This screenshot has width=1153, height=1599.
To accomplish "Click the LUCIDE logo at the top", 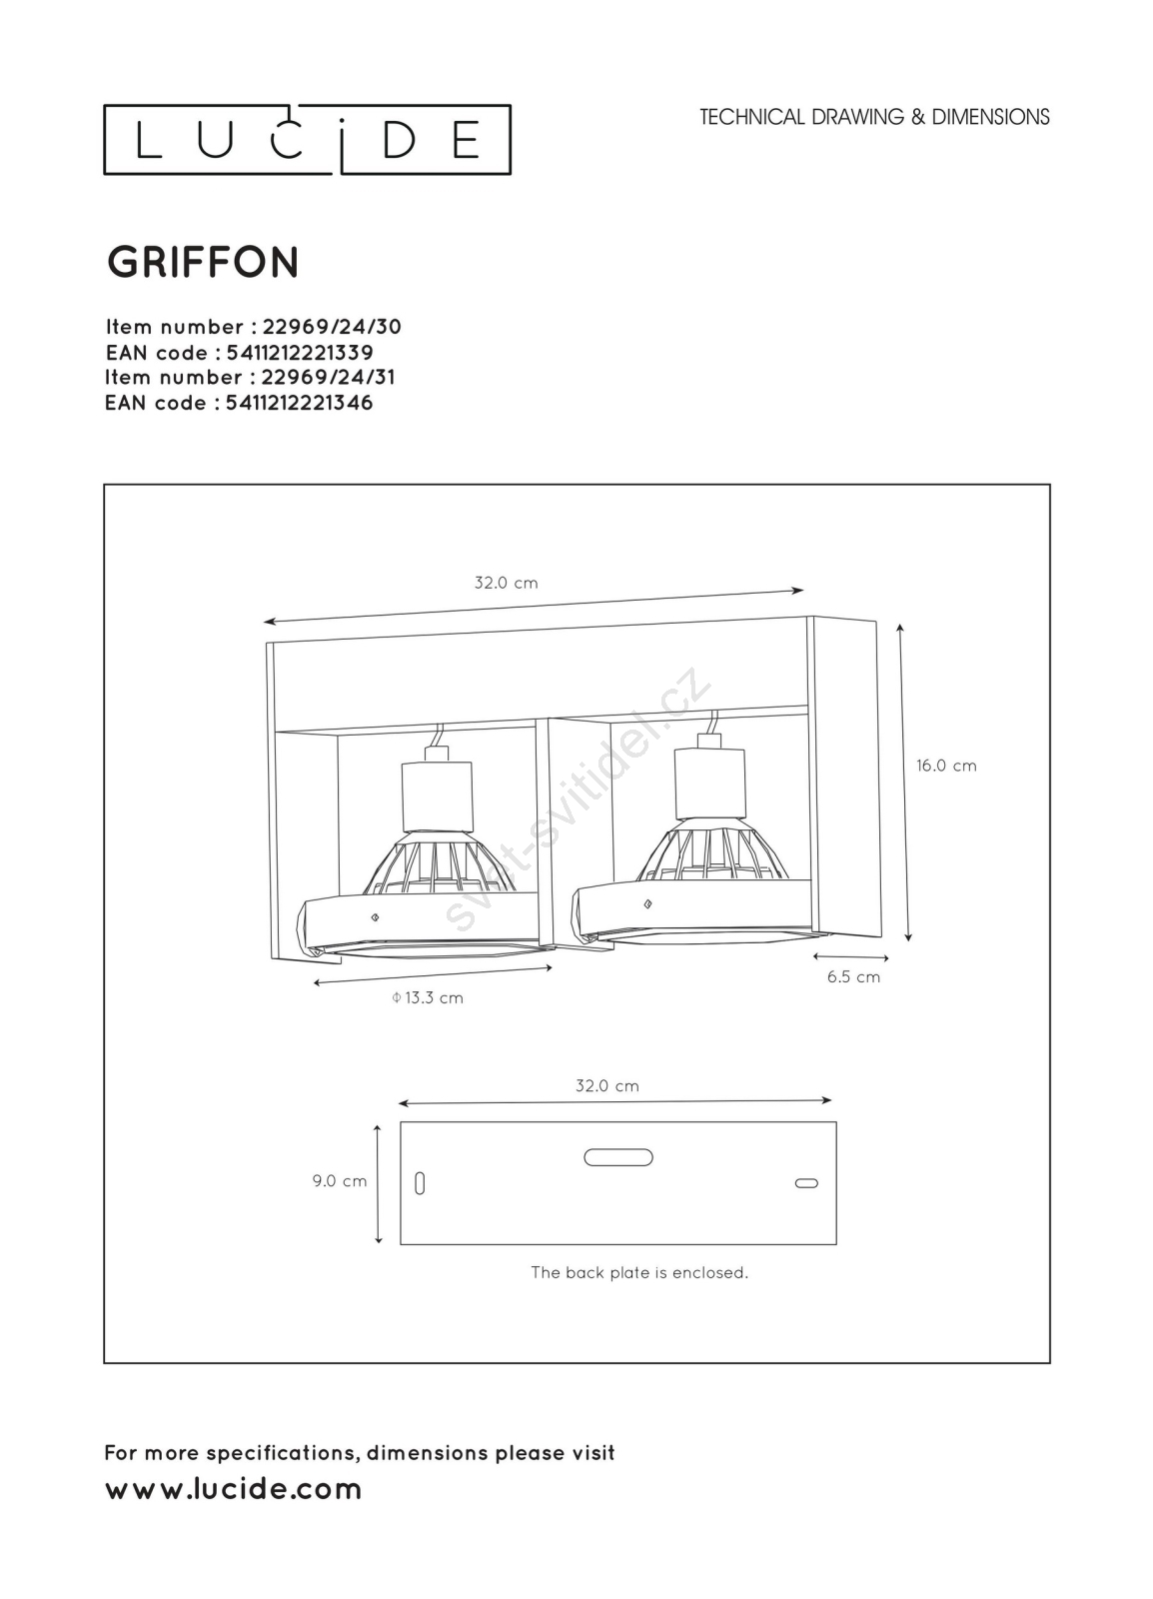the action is click(307, 140).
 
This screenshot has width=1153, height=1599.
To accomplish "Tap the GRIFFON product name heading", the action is click(203, 263).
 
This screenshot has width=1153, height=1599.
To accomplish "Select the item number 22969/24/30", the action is click(332, 327).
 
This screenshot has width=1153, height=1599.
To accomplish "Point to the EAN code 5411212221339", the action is click(299, 353).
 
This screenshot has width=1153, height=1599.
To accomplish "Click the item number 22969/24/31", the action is click(328, 377).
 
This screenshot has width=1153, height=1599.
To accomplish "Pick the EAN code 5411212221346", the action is click(299, 403).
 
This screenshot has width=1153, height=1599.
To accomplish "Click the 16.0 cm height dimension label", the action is click(946, 766).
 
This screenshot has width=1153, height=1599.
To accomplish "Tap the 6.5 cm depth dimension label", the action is click(853, 977).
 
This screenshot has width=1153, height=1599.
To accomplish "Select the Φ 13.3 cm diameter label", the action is click(428, 998).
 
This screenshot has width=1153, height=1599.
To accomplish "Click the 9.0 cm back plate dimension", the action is click(340, 1181).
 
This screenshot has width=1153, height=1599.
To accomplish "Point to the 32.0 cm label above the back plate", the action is click(607, 1086).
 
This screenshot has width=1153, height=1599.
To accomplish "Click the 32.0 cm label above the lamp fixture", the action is click(506, 584).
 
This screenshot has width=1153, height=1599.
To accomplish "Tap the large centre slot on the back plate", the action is click(618, 1157).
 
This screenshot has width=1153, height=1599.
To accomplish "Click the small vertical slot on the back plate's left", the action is click(420, 1183).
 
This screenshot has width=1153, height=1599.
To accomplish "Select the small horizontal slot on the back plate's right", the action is click(806, 1183).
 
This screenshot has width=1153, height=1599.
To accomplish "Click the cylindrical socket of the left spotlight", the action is click(437, 798).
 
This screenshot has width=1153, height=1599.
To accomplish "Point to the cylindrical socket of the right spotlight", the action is click(710, 785).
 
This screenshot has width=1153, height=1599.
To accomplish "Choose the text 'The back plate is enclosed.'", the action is click(639, 1273).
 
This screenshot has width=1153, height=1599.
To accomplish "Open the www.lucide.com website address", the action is click(234, 1489).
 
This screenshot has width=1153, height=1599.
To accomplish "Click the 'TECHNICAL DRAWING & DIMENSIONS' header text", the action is click(874, 117).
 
